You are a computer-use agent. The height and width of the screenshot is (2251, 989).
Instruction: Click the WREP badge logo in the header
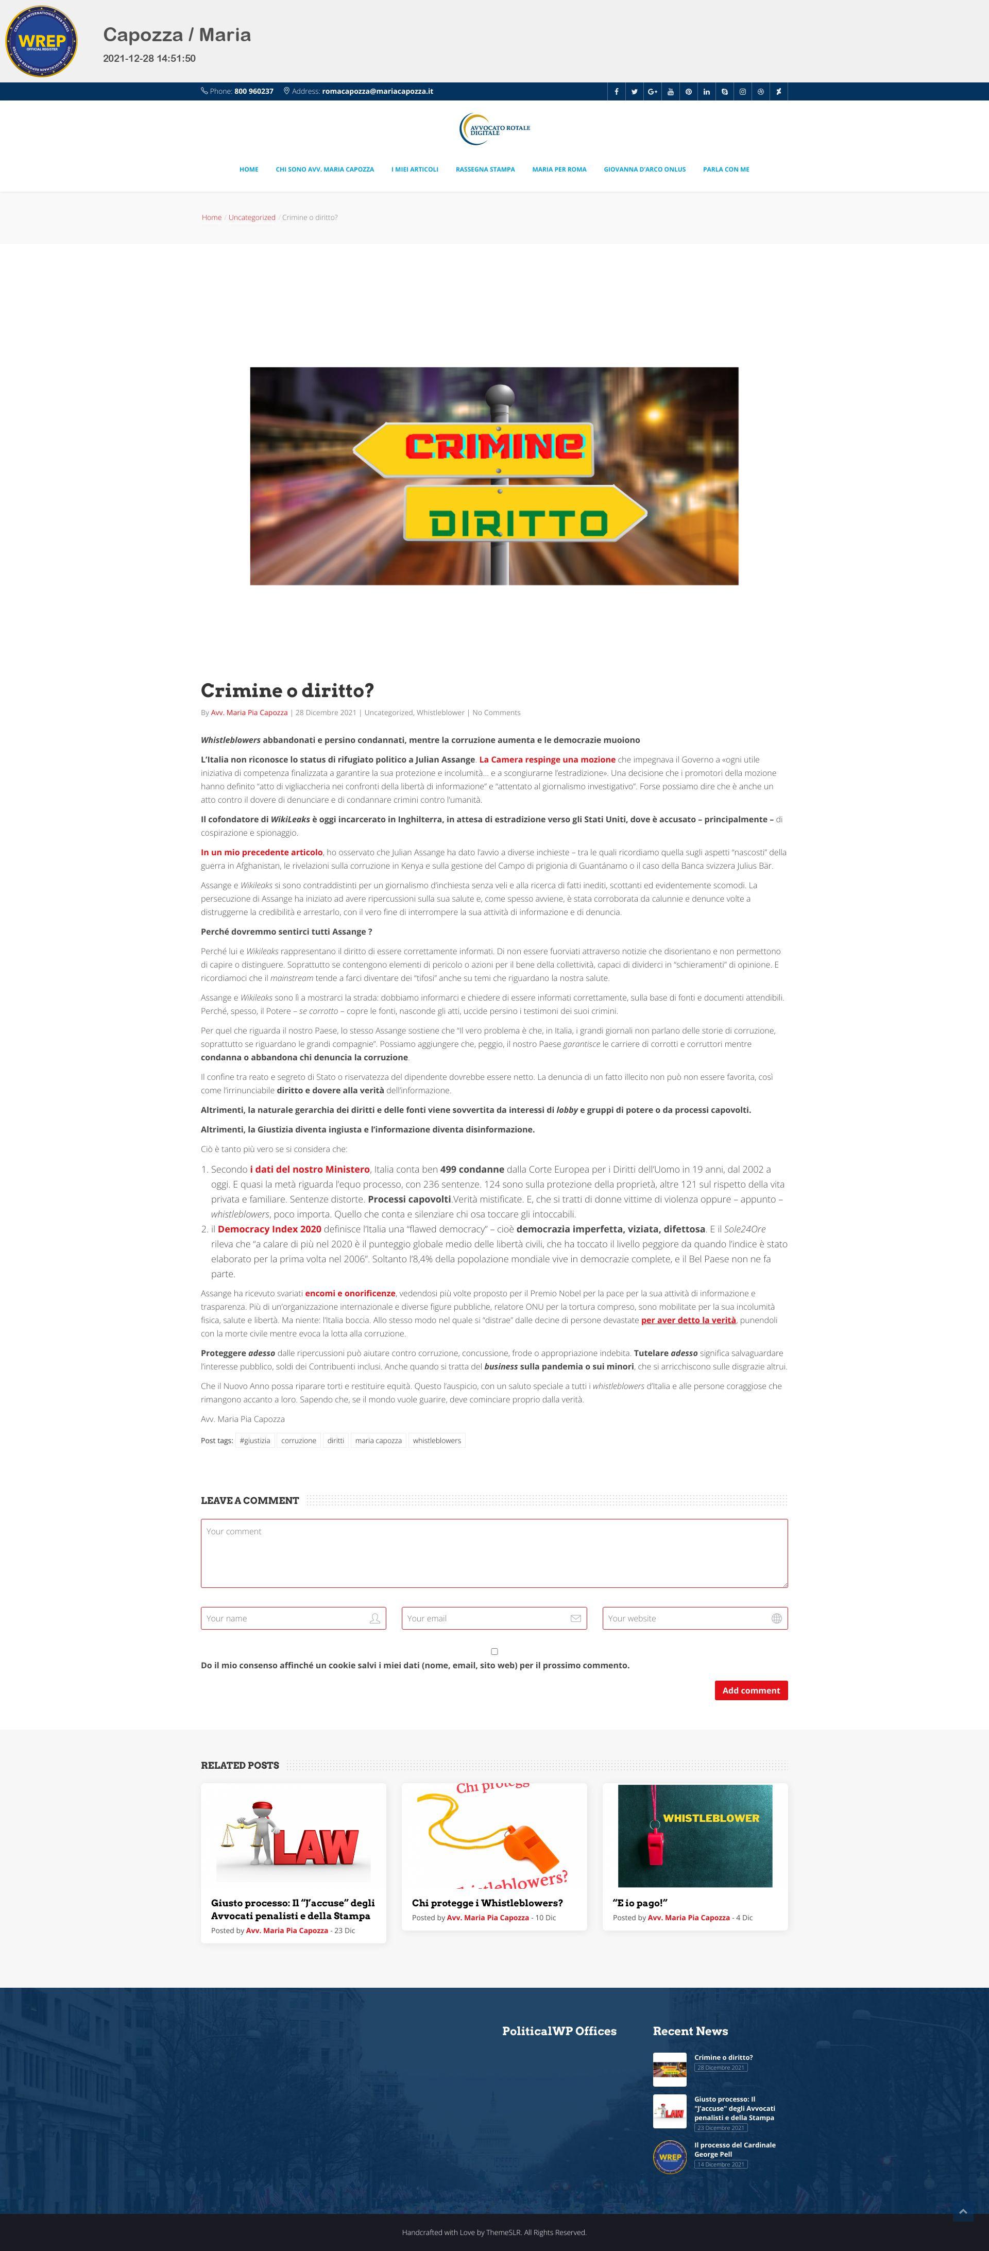(x=41, y=41)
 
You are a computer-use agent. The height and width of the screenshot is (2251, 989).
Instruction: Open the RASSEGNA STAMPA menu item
(x=485, y=170)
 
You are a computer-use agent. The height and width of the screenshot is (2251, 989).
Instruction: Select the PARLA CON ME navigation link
(x=725, y=170)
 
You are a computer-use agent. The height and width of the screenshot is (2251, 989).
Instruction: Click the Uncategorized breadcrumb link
(x=251, y=217)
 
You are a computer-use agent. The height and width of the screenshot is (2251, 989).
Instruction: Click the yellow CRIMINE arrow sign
(x=476, y=447)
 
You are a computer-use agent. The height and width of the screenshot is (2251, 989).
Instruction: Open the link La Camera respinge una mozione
(x=547, y=759)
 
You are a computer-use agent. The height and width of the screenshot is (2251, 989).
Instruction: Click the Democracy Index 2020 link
(x=269, y=1229)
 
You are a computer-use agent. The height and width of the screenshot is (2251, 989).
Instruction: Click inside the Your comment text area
(x=493, y=1553)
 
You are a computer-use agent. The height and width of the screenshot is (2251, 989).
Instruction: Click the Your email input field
(x=485, y=1618)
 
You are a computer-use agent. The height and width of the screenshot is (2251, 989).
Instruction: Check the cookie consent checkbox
(x=494, y=1652)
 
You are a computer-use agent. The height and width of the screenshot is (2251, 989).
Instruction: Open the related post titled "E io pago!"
(x=640, y=1902)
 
